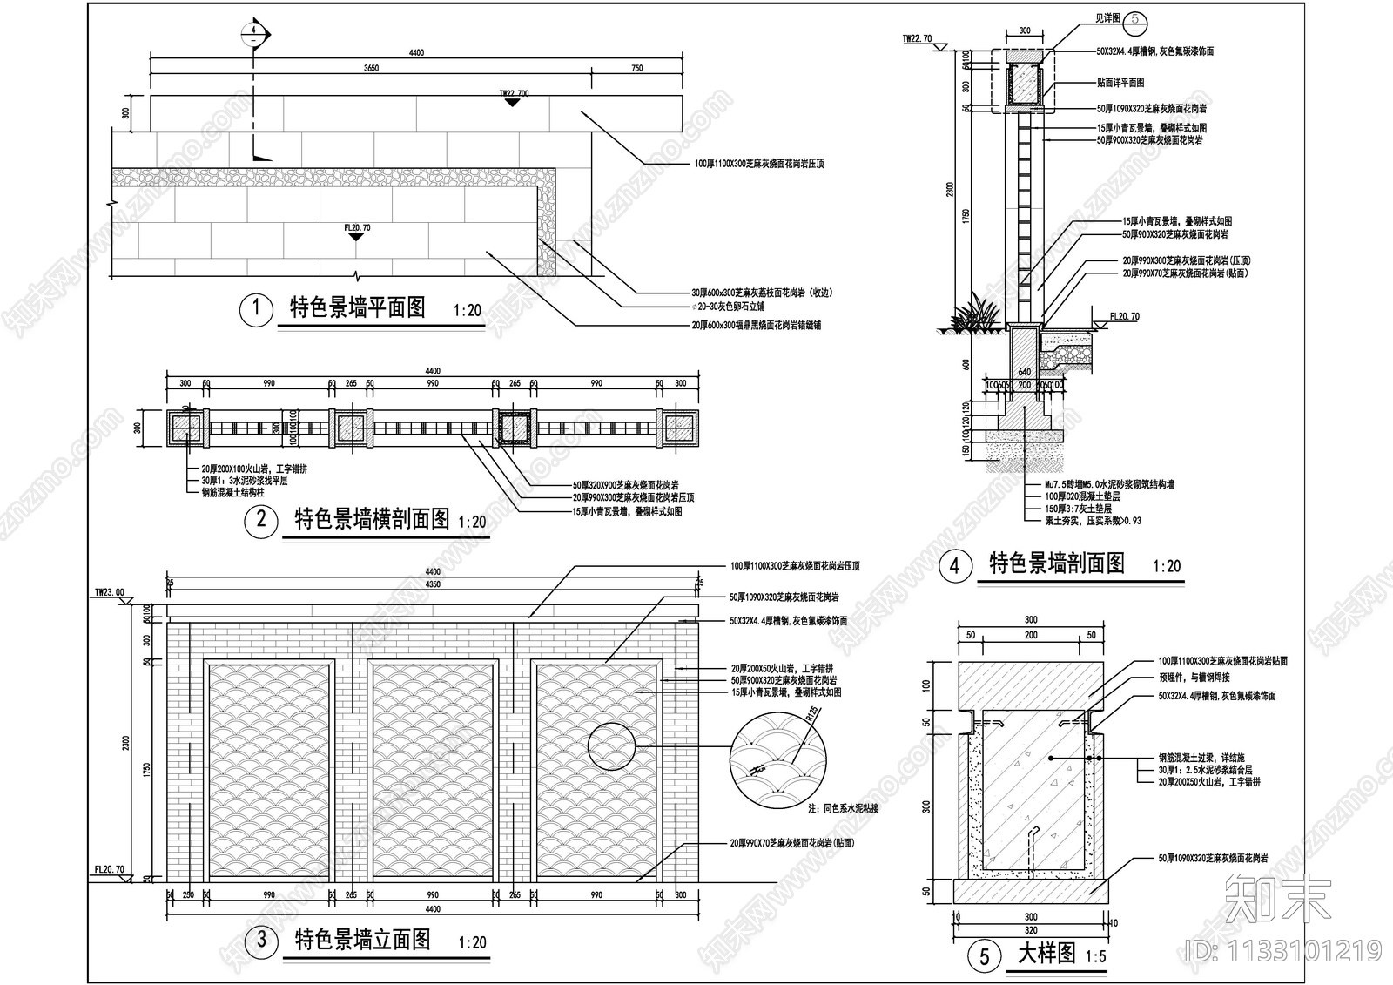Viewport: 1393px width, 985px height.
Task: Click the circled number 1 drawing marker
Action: click(256, 309)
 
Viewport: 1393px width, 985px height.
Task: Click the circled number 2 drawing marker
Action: click(260, 521)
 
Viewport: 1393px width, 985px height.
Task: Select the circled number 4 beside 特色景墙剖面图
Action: click(955, 565)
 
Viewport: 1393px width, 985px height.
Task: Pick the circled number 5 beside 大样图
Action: click(984, 956)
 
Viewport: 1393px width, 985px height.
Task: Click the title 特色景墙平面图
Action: click(357, 307)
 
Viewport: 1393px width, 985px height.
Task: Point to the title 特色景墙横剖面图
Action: click(373, 519)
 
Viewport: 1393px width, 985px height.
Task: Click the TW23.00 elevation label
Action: click(110, 593)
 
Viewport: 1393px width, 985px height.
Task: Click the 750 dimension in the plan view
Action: click(636, 68)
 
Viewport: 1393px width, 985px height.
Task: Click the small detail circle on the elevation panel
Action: click(613, 747)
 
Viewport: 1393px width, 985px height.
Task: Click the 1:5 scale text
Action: click(1096, 956)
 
